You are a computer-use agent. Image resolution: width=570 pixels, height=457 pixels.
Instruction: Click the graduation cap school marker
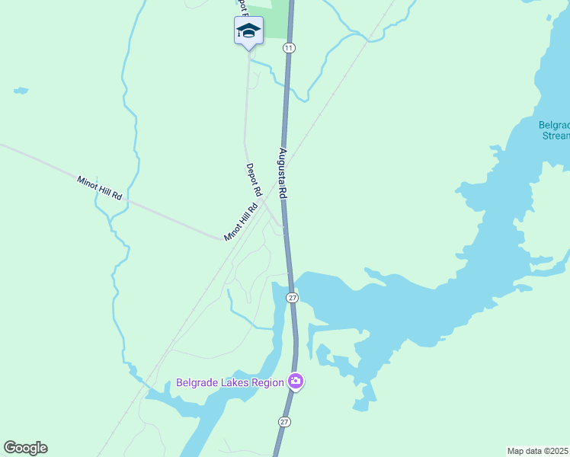(248, 31)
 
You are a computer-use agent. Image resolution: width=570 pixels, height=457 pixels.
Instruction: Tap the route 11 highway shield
(288, 48)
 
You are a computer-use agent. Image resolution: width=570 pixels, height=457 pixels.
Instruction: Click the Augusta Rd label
(282, 174)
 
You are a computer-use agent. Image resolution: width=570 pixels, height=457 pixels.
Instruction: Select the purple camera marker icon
(296, 382)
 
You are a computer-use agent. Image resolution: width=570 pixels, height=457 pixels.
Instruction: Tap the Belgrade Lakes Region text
(229, 382)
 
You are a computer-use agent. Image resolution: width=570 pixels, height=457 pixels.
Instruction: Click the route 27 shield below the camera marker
(284, 422)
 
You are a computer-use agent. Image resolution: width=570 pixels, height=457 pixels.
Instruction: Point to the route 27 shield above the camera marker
(292, 296)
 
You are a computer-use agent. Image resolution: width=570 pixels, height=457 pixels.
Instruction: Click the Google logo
(25, 448)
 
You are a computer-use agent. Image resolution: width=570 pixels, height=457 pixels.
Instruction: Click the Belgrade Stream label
(555, 130)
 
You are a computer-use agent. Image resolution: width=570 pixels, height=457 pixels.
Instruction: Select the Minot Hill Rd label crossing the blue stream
(100, 188)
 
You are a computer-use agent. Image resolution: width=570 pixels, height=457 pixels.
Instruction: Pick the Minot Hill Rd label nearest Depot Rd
(241, 222)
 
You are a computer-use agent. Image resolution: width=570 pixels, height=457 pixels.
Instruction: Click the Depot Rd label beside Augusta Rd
(254, 180)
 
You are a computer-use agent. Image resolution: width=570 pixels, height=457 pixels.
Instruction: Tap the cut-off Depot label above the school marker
(242, 8)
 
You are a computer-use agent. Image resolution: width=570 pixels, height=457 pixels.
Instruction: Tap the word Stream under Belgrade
(556, 136)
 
